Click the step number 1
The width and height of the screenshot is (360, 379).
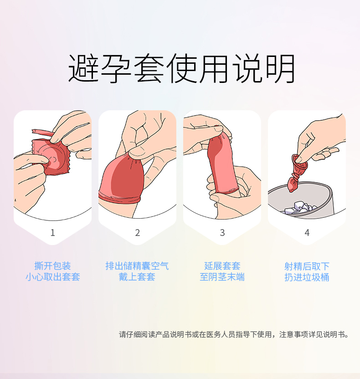(x=53, y=232)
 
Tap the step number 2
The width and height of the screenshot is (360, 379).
(x=137, y=232)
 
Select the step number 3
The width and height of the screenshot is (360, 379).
(x=222, y=232)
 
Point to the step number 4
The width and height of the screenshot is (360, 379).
(x=307, y=232)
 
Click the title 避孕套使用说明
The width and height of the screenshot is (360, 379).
(x=181, y=69)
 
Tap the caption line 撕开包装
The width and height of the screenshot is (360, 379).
(x=52, y=266)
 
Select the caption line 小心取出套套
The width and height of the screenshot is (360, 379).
(x=53, y=277)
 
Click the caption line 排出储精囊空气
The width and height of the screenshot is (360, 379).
(x=137, y=266)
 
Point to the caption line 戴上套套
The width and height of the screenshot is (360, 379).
(x=137, y=277)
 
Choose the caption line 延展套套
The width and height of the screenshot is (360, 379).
(x=222, y=266)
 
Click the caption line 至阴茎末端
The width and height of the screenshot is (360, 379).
(x=222, y=277)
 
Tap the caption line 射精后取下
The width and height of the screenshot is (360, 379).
(x=307, y=266)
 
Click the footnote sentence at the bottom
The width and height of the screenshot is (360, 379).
(x=234, y=334)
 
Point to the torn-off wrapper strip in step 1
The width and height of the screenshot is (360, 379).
(x=43, y=133)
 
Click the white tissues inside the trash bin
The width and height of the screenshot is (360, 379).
(x=299, y=208)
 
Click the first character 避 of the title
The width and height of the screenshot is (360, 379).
(x=83, y=69)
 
